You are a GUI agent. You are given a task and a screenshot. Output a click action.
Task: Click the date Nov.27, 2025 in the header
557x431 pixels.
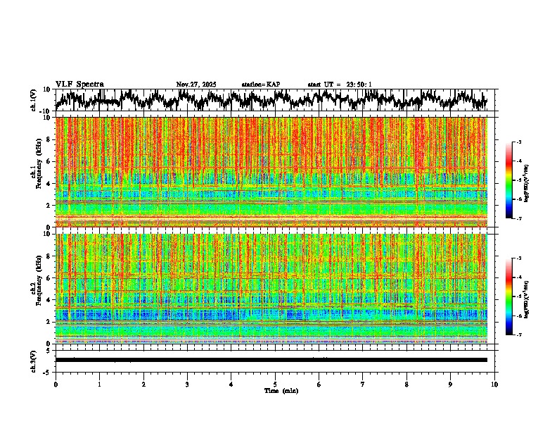pos(196,85)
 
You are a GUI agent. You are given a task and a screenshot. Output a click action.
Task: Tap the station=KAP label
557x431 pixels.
pos(261,85)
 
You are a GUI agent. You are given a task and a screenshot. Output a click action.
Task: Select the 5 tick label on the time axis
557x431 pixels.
pos(275,385)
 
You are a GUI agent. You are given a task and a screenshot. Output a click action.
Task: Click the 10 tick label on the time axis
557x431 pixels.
pos(495,385)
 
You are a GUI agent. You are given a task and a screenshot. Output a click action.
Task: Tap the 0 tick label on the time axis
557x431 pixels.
pos(56,385)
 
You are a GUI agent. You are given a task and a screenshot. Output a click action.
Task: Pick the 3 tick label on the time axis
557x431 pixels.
pos(187,385)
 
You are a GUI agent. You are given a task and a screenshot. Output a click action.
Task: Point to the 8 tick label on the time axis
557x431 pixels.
pos(406,385)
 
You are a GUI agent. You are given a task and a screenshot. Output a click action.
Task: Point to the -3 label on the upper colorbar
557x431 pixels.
pos(518,142)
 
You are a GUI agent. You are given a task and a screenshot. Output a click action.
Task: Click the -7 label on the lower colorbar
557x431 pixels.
pos(518,335)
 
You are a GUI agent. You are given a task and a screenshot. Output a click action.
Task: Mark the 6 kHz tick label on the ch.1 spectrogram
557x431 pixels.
pos(47,161)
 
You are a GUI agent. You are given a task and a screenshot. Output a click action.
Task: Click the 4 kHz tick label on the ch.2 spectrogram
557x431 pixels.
pos(47,299)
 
